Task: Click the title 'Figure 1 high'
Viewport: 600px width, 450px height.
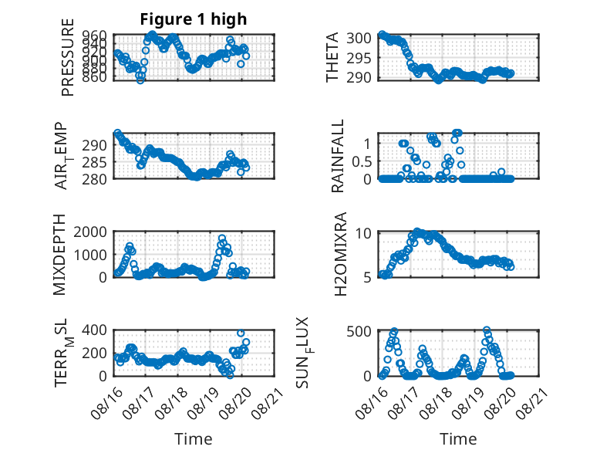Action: [194, 19]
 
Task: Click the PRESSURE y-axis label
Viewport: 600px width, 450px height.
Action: [67, 57]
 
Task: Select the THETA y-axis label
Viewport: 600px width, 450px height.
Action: [332, 57]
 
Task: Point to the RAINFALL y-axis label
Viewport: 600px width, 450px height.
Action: [338, 156]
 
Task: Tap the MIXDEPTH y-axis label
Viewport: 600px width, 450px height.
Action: [59, 255]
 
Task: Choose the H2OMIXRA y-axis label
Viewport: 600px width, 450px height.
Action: [340, 254]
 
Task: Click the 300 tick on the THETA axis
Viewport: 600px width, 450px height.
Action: [359, 39]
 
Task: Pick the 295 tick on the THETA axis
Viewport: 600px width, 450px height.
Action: [359, 58]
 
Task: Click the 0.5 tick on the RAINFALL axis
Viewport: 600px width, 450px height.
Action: [362, 161]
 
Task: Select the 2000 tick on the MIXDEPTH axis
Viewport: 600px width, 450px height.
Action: [90, 232]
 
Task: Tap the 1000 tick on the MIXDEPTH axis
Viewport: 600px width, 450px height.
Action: [90, 255]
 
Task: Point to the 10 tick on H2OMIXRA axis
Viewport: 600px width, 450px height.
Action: [363, 233]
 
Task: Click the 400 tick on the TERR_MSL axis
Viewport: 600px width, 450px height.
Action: [95, 330]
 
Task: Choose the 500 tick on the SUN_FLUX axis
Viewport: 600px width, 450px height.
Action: [359, 331]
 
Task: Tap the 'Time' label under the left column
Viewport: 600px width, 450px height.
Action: [194, 439]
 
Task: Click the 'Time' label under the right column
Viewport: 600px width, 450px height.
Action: [458, 439]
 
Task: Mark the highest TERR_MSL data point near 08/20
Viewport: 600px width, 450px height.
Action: [241, 333]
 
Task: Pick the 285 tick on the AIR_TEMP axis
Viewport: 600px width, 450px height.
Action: [95, 162]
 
